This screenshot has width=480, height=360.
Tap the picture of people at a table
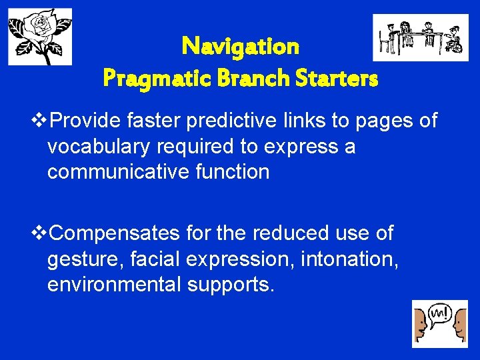tap(420, 37)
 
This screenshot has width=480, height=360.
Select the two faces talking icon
tap(439, 323)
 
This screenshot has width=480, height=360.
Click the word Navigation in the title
tap(240, 47)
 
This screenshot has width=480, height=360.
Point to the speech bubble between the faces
tap(439, 314)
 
